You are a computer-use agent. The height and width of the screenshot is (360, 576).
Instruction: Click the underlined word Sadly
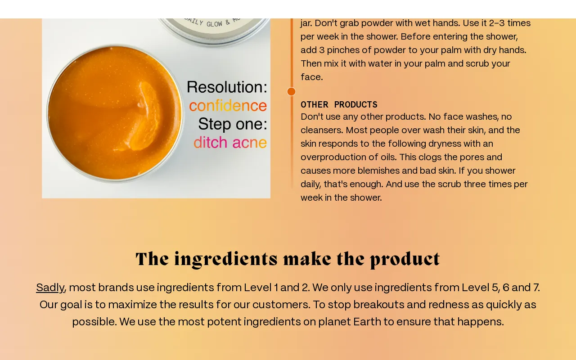point(50,288)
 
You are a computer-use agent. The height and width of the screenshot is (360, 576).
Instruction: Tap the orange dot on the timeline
point(291,91)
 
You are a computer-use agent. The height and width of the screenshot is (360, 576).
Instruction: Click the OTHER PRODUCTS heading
point(339,105)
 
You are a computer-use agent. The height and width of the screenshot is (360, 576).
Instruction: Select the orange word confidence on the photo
point(228,106)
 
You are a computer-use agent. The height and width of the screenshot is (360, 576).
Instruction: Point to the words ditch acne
point(230,143)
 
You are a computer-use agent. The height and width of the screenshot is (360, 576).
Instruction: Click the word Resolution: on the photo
point(227,87)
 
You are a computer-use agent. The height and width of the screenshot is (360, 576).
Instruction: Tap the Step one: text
point(233,124)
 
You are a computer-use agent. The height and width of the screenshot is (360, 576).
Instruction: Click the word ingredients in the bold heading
point(226,259)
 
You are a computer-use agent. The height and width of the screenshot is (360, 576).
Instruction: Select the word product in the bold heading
point(405,259)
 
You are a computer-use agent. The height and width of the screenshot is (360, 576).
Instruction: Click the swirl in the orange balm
point(144,116)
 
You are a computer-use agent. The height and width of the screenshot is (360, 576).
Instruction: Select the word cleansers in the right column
point(322,130)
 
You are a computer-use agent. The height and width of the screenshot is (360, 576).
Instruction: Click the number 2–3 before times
point(497,23)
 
